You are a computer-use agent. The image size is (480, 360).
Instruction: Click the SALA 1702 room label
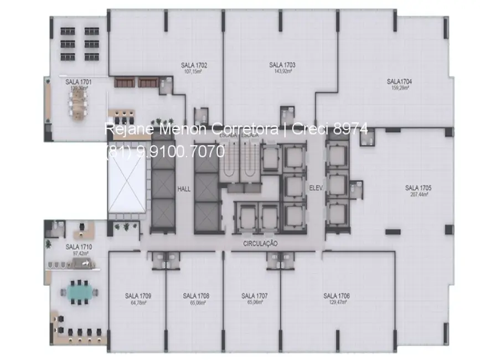point(194,65)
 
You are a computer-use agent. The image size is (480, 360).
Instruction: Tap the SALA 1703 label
point(282,65)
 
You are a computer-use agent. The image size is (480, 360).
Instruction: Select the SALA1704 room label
point(399,81)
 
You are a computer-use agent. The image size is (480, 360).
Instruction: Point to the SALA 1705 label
point(418,187)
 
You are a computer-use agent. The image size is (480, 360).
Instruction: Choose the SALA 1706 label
point(337,296)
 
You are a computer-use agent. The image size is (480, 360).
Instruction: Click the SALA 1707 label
point(255,296)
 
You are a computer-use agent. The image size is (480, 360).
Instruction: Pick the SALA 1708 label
point(196,296)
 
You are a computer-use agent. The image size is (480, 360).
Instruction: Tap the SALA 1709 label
point(138,296)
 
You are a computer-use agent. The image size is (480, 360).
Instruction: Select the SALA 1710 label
point(79,246)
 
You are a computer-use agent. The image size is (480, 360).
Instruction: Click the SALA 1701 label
point(79,82)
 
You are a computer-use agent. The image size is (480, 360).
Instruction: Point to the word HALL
point(184,189)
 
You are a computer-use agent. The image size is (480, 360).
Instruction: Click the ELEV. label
point(316,188)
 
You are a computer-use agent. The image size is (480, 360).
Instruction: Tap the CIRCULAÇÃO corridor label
point(260,244)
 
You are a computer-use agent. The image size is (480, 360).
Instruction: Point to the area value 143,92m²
point(282,71)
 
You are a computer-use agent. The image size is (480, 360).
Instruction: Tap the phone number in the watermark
point(164,150)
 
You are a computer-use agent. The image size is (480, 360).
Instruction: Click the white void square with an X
point(128,181)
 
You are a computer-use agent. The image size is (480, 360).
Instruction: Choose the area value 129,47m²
point(337,304)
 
